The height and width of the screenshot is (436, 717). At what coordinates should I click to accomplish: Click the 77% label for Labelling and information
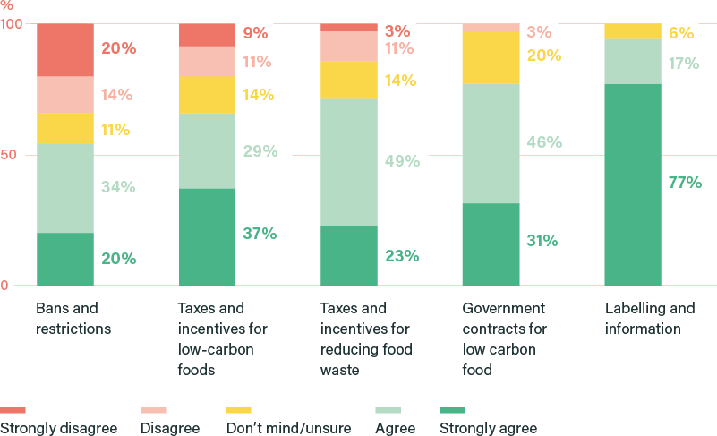(x=685, y=183)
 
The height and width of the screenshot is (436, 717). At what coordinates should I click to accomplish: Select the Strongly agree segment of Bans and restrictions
(x=65, y=259)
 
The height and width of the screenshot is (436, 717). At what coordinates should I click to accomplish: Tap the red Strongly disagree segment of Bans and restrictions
(x=65, y=50)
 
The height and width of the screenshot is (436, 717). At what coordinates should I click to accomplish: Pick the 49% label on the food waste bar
(x=402, y=161)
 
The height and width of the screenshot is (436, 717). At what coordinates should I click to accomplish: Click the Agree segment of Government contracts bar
(x=491, y=143)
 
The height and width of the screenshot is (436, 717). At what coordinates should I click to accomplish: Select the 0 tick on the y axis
(x=4, y=286)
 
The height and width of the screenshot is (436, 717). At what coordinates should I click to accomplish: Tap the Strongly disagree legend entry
(x=58, y=428)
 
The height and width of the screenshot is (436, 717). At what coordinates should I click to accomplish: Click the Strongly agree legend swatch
(x=452, y=411)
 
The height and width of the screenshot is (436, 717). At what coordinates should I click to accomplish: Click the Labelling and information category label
(x=649, y=319)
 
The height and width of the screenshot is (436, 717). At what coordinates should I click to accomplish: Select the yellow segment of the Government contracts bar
(x=491, y=57)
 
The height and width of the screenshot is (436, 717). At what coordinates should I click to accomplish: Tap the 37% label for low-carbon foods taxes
(x=260, y=234)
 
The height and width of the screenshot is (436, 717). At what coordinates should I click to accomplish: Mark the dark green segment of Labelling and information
(x=633, y=184)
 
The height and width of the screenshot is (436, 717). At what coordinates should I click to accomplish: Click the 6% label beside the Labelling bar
(x=681, y=33)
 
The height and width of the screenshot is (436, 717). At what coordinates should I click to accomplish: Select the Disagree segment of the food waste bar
(x=349, y=47)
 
